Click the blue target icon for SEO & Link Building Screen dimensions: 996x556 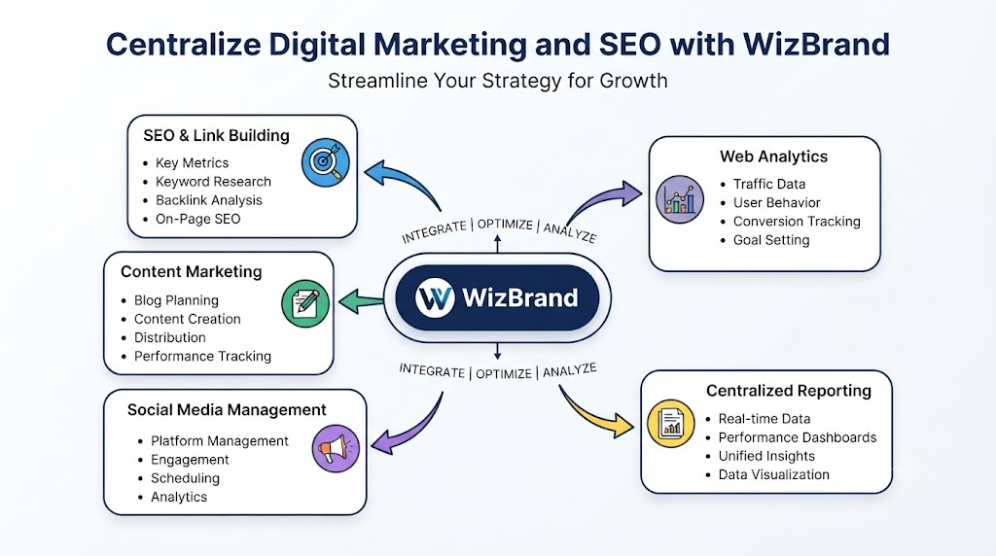(325, 162)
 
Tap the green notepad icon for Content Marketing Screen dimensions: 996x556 (304, 303)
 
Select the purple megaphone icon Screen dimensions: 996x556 (336, 449)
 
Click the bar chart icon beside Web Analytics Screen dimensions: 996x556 (680, 199)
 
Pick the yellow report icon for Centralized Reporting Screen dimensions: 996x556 (671, 424)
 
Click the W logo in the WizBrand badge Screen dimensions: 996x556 (435, 297)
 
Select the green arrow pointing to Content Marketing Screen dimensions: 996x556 (361, 301)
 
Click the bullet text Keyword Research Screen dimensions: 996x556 (213, 182)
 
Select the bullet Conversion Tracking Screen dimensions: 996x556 (797, 222)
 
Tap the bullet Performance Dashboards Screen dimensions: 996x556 (798, 437)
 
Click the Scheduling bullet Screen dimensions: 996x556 (185, 478)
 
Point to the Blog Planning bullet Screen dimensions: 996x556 (176, 300)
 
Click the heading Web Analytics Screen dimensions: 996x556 (773, 156)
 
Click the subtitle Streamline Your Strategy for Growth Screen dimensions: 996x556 (497, 81)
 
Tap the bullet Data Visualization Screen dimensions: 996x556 (773, 474)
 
